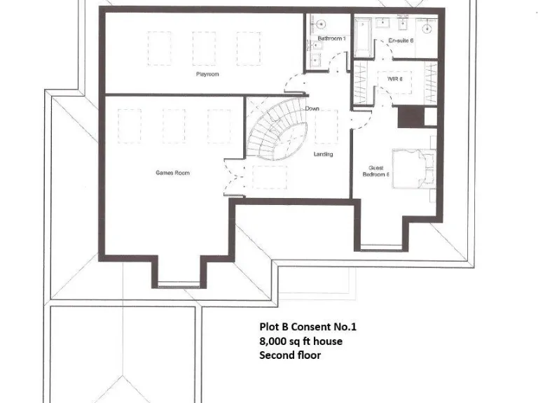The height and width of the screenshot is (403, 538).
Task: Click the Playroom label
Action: coord(205,73)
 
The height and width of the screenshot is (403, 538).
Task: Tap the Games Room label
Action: coord(172,173)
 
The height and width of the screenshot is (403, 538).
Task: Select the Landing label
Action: coord(323,154)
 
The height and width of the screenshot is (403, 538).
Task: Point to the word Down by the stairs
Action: coord(312,109)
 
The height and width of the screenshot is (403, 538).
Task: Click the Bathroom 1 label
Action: coord(331,38)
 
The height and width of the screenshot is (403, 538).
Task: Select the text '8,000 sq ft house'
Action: coord(302,341)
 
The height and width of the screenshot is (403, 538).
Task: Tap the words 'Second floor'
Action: coord(289,355)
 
